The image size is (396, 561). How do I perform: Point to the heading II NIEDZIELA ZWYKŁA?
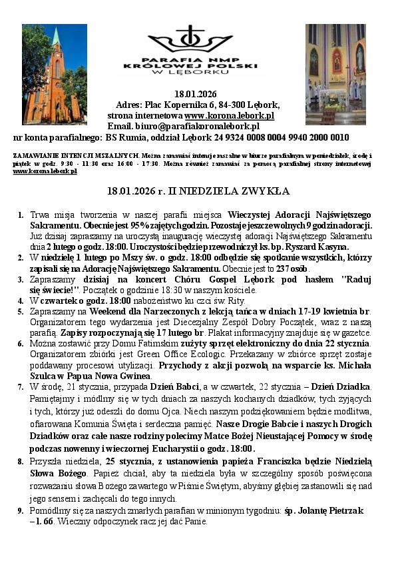click(230, 191)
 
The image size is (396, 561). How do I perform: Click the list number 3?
click(21, 280)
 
